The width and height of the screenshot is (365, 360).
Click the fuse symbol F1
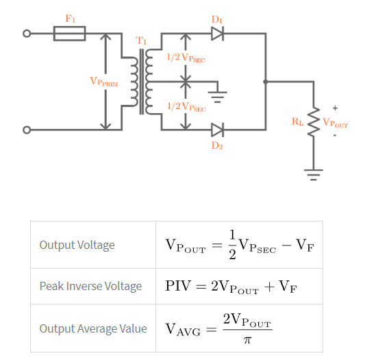pos(69,33)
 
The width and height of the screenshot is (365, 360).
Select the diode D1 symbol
pos(217,33)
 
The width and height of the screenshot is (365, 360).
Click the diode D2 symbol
pos(217,129)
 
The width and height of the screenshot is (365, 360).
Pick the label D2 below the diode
pos(217,145)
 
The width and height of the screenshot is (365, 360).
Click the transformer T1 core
pos(143,82)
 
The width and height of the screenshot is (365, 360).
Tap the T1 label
pos(142,41)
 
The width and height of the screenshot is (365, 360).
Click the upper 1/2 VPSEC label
pos(186,58)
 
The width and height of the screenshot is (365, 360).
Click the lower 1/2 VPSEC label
pos(186,106)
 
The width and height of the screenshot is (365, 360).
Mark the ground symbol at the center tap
pos(218,93)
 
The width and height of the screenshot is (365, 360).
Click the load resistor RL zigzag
pos(314,122)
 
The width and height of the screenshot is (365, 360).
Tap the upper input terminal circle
pos(27,33)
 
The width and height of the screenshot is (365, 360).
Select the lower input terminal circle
pos(27,130)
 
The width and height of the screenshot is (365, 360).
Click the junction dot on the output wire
pos(266,82)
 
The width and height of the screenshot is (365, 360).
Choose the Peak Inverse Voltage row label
pos(90,286)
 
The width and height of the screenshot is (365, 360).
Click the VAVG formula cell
pos(219,328)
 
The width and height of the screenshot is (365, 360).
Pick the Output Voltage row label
pos(77,245)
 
